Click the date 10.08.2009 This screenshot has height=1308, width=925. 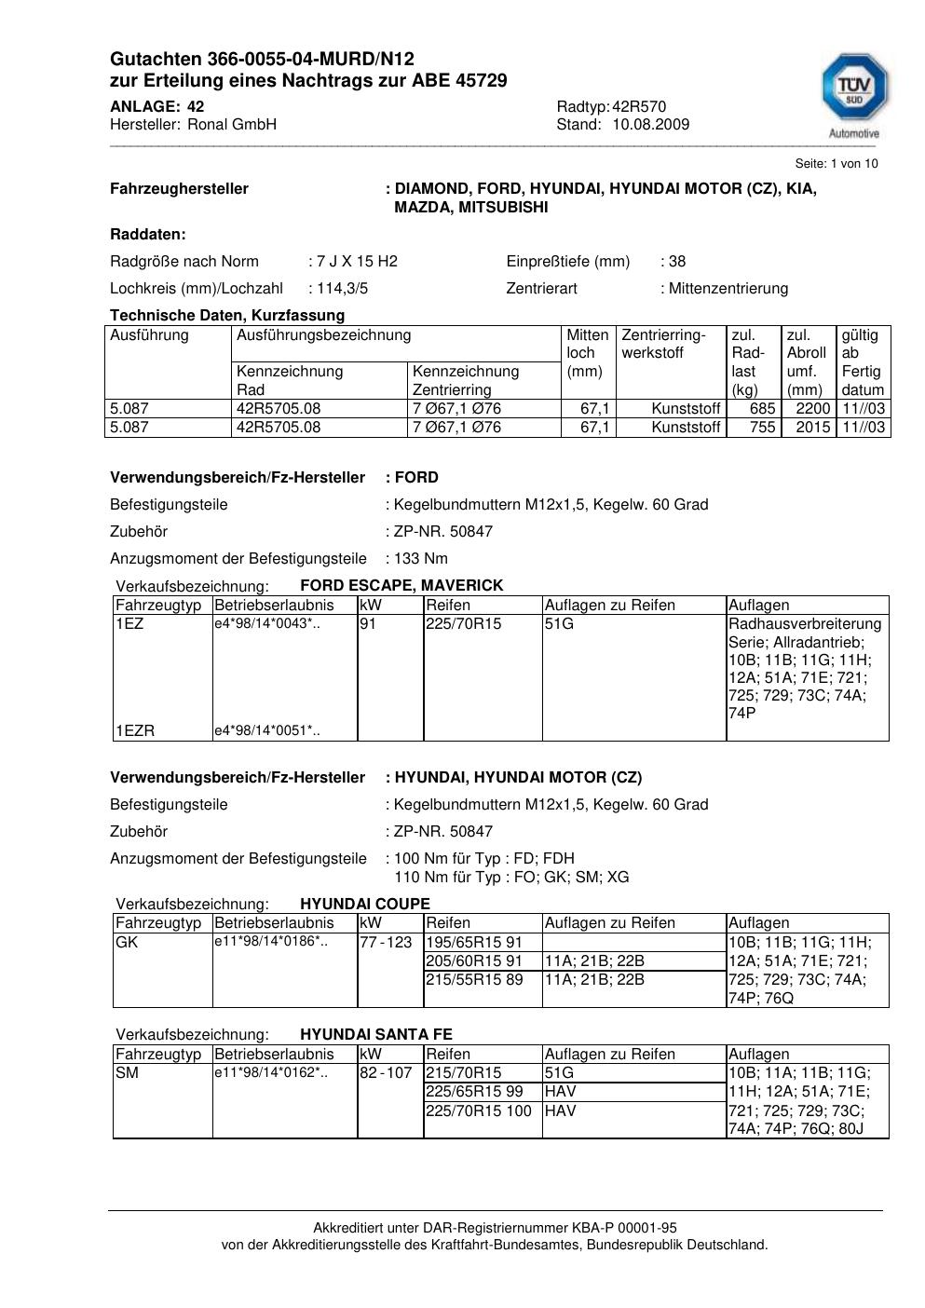650,125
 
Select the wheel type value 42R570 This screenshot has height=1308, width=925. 639,106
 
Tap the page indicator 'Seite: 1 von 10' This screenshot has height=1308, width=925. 836,164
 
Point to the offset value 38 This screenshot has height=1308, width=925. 677,262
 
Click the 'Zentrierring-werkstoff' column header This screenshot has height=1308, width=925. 663,344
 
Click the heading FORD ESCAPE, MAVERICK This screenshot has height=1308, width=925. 401,586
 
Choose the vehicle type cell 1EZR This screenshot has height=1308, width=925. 135,731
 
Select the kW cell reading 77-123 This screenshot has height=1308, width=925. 386,943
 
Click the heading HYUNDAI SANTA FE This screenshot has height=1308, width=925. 376,1035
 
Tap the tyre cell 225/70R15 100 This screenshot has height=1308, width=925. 479,1111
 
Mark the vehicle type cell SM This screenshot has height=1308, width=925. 127,1073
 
